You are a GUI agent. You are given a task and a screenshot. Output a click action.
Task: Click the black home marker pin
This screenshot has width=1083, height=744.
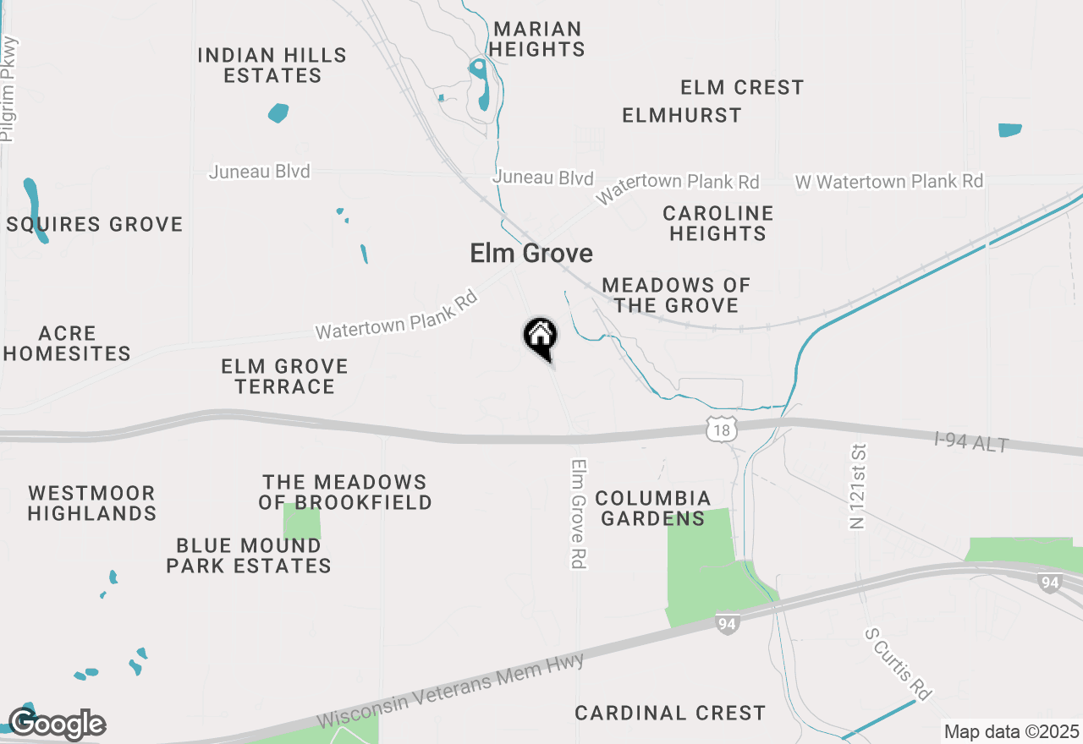click(x=540, y=336)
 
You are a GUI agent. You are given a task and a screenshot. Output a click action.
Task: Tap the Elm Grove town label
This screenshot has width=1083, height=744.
click(x=531, y=253)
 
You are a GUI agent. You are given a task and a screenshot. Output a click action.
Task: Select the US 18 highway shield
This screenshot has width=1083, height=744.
click(x=719, y=430)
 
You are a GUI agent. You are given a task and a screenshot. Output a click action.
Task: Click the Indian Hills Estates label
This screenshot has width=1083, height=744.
click(x=272, y=65)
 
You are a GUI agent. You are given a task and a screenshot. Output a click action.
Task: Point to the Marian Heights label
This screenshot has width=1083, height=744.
click(x=537, y=39)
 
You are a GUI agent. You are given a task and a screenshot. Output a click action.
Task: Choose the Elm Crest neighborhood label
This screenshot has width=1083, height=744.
click(x=742, y=87)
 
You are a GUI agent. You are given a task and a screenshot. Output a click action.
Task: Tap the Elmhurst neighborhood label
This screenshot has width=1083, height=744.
click(x=682, y=115)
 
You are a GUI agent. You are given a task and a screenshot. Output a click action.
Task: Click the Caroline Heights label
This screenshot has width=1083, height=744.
click(x=718, y=223)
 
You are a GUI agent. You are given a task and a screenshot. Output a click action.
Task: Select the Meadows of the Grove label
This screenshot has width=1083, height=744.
click(x=677, y=295)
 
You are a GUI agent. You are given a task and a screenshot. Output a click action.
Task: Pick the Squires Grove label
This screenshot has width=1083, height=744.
click(x=94, y=224)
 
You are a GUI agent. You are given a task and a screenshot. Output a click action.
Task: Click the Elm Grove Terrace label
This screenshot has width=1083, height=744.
click(x=285, y=376)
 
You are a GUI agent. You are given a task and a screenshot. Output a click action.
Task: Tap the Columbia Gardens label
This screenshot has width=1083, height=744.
click(x=653, y=508)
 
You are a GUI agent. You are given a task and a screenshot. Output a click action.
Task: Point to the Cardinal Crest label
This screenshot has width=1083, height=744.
click(x=670, y=713)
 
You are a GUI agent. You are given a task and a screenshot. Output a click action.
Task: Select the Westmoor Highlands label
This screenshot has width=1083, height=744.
click(x=92, y=503)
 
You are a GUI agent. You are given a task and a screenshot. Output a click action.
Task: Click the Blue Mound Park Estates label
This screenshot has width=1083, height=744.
click(x=249, y=555)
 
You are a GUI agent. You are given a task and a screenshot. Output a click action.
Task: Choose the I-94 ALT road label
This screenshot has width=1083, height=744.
click(x=971, y=441)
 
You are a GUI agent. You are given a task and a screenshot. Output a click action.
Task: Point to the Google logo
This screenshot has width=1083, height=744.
click(x=57, y=724)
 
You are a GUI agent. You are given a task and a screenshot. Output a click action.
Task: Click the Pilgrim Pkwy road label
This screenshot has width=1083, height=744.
click(x=9, y=90)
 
